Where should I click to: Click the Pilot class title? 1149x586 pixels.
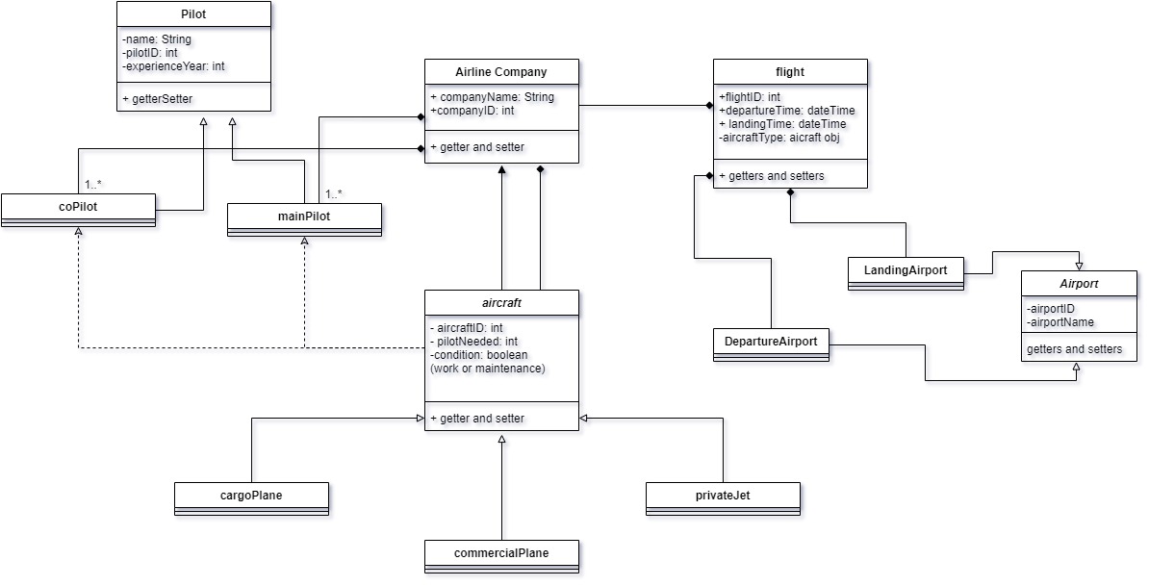[193, 14]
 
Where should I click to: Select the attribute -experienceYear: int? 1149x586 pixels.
[174, 66]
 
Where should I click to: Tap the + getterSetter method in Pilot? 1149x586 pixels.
[159, 99]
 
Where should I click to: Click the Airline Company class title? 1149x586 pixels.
[501, 71]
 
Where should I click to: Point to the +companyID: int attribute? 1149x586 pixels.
[472, 111]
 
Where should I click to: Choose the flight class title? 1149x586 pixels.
[790, 71]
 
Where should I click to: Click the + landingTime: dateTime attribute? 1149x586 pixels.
[782, 124]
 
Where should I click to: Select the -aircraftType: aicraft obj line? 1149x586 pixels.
[780, 138]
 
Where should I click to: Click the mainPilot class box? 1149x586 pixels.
[304, 217]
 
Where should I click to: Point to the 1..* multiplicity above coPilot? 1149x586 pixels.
[93, 183]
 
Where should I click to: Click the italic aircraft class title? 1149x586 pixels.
[501, 302]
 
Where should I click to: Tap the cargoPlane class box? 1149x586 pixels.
[251, 495]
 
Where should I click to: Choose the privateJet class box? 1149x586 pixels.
[723, 495]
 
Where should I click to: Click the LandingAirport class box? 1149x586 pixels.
[906, 270]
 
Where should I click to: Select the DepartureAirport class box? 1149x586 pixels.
[771, 342]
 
